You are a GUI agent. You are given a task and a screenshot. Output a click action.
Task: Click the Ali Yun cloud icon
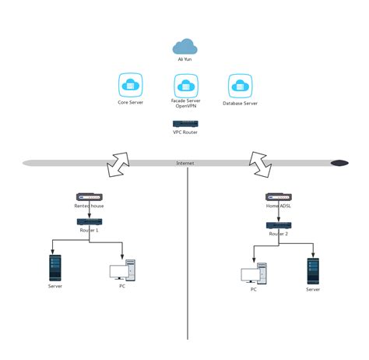184,47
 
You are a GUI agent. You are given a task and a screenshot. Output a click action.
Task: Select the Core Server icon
130,85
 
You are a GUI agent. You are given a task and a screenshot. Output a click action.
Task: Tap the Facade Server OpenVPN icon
184,85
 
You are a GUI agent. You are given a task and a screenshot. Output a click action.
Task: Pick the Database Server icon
240,85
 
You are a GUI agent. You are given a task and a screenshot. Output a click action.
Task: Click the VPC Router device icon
184,123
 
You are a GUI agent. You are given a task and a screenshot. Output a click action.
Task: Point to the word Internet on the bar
184,164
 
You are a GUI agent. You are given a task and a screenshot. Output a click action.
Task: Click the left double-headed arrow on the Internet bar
119,163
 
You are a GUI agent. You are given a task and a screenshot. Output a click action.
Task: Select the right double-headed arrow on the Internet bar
258,160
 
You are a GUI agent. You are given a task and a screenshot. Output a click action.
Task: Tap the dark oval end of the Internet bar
339,163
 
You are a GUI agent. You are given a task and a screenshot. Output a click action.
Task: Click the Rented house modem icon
89,198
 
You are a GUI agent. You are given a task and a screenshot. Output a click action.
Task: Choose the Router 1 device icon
88,222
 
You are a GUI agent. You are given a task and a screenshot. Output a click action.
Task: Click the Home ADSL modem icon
278,198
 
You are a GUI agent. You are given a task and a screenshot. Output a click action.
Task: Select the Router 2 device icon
278,224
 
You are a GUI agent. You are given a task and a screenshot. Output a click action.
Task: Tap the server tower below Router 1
54,267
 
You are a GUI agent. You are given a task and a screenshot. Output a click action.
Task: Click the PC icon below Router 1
121,271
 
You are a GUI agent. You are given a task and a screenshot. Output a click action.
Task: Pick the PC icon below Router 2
254,274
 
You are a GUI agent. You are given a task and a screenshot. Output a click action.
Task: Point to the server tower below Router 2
313,270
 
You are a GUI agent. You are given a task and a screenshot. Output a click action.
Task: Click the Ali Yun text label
184,58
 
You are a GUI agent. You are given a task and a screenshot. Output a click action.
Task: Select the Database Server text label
240,103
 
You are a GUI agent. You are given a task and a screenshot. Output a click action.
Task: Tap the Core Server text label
130,103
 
